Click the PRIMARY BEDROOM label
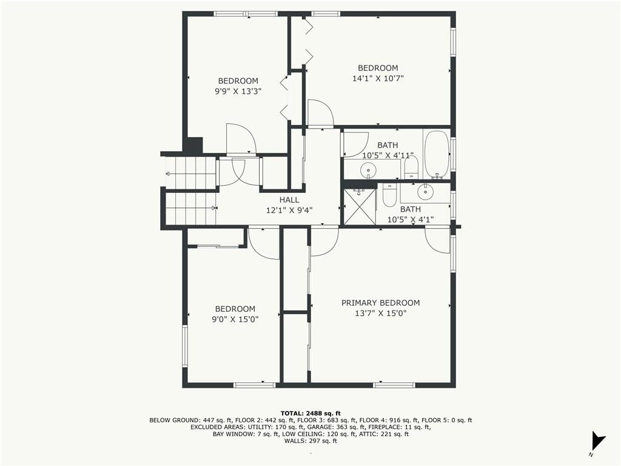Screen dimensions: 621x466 click(x=381, y=303)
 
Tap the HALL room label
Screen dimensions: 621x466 click(x=289, y=200)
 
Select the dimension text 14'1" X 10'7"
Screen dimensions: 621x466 click(x=378, y=78)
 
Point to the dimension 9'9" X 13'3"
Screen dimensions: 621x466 click(x=238, y=92)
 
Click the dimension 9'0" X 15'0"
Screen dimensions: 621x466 click(x=235, y=319)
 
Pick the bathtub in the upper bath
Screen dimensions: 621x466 click(x=437, y=155)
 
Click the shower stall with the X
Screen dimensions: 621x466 click(x=359, y=207)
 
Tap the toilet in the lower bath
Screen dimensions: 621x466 click(x=389, y=195)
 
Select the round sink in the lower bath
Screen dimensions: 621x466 click(x=425, y=192)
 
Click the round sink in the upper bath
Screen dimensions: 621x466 click(x=368, y=171)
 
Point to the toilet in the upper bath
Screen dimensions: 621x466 click(x=412, y=167)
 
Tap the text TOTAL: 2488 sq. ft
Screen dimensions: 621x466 click(x=310, y=413)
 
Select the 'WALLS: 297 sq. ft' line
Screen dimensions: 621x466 click(x=310, y=441)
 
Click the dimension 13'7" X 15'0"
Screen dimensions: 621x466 click(x=381, y=314)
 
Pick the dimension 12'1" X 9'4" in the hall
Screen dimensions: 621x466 click(x=289, y=211)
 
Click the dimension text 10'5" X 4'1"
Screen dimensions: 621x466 click(x=411, y=220)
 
